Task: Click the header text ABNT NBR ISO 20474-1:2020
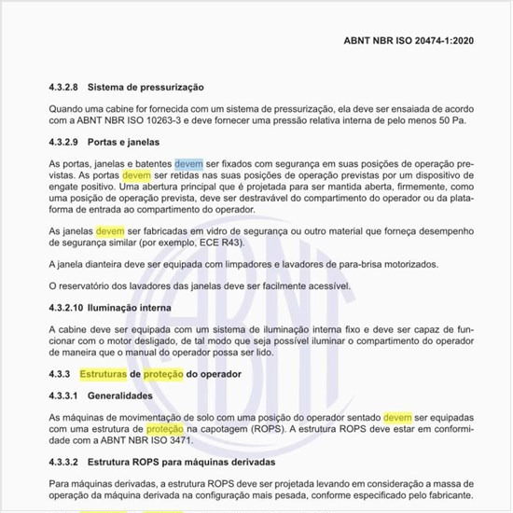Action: pyautogui.click(x=411, y=41)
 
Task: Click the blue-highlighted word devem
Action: pyautogui.click(x=188, y=162)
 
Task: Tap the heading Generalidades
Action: pyautogui.click(x=124, y=395)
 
